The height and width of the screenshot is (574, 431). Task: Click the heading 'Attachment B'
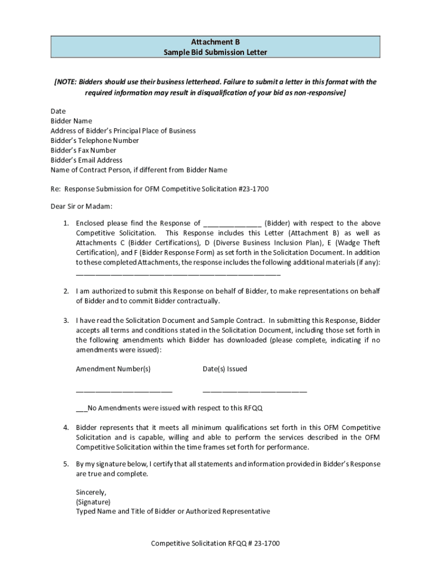pos(215,42)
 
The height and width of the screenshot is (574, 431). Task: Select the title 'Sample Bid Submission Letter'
pos(215,52)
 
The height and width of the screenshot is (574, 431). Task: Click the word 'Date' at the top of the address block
pos(58,111)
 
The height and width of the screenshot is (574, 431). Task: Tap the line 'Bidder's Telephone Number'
pos(95,141)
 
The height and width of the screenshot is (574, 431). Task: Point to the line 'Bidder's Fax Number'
pos(83,150)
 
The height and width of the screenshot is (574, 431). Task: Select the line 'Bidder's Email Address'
pos(86,160)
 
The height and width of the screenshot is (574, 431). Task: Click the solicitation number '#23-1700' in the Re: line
pos(254,189)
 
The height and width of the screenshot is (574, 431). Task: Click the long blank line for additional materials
pos(178,275)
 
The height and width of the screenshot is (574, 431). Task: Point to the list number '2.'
pos(65,291)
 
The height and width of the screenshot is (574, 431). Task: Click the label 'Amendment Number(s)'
pos(113,369)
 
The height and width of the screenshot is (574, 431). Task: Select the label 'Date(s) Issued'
pos(224,369)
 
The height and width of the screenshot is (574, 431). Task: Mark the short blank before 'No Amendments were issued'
pos(82,409)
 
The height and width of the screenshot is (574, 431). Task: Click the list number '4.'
pos(65,428)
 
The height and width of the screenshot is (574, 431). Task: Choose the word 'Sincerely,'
pos(91,492)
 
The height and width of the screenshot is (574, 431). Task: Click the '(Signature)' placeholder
pos(93,502)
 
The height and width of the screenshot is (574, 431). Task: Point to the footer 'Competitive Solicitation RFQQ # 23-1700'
pos(215,543)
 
